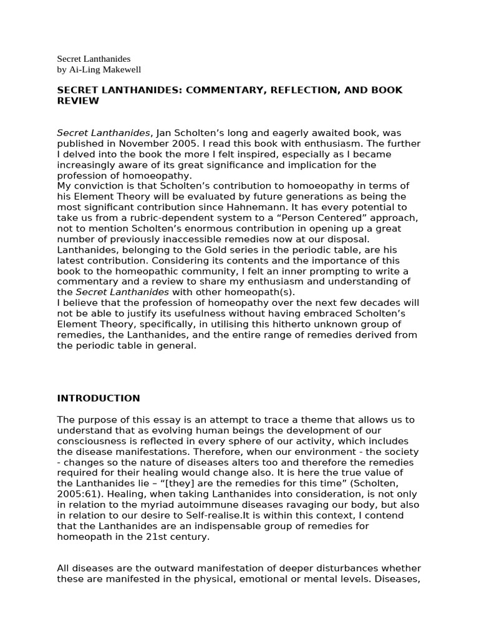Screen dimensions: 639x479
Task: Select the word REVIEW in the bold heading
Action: pos(78,100)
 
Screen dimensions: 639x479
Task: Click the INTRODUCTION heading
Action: pos(99,398)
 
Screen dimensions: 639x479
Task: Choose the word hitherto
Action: pos(271,324)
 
